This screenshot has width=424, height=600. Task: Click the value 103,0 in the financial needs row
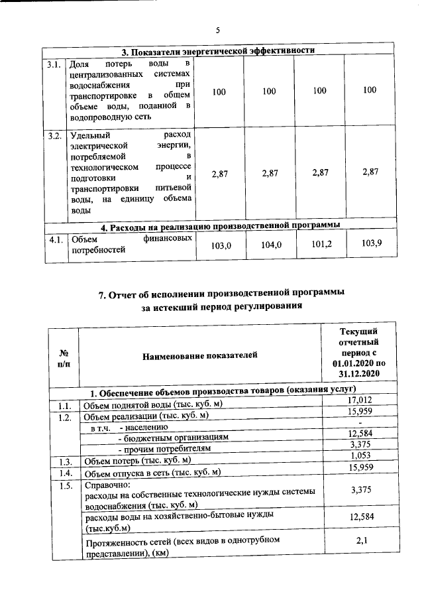[219, 245]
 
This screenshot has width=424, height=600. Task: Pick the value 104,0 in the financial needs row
[270, 245]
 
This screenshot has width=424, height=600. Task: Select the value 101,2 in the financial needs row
[320, 245]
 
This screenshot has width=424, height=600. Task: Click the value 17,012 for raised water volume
[358, 399]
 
